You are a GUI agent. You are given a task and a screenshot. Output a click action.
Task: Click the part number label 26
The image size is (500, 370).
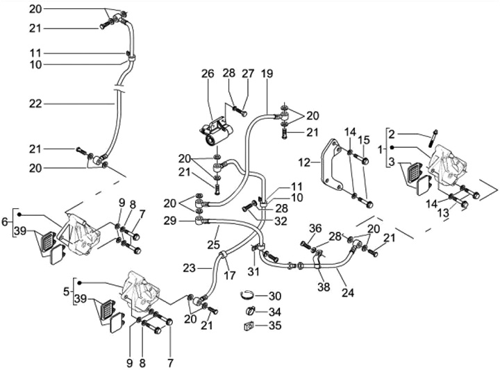(208, 74)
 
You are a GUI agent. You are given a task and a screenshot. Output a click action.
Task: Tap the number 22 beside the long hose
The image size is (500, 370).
(35, 103)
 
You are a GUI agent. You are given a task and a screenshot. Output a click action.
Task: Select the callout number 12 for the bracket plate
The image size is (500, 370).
(304, 162)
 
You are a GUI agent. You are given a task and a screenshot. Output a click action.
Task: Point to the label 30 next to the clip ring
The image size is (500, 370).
(275, 296)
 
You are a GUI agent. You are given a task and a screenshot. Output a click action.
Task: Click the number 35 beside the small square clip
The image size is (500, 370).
(275, 326)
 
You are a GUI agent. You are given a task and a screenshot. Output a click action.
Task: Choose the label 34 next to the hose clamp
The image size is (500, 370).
(275, 312)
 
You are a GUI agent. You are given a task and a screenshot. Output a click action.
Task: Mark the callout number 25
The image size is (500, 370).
(214, 244)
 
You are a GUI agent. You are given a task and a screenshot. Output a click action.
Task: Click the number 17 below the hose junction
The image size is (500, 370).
(230, 275)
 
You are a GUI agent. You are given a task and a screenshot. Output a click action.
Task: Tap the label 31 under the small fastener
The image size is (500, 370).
(254, 272)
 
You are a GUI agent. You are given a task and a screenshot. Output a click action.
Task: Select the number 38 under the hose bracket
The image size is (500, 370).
(324, 287)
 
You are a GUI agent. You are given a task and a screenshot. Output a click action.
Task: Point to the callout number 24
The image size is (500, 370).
(348, 292)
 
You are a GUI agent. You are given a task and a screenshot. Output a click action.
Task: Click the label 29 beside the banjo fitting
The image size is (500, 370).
(169, 221)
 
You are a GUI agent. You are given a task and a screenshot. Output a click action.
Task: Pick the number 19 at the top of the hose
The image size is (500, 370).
(267, 74)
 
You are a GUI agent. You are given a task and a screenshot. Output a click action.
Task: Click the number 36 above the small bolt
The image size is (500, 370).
(315, 228)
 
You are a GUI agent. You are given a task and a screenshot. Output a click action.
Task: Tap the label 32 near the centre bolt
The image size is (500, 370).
(281, 221)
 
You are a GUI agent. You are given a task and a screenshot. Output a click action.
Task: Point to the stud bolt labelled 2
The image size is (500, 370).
(433, 138)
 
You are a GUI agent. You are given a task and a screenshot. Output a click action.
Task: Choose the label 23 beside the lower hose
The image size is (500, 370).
(189, 268)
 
